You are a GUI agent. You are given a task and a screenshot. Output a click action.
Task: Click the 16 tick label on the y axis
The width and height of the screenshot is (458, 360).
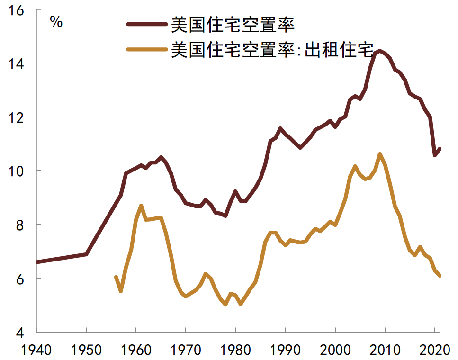click(x=17, y=10)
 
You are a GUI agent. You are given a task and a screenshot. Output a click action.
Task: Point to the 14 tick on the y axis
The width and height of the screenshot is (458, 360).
click(x=17, y=63)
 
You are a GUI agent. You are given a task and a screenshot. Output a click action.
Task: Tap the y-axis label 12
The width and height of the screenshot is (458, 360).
click(x=17, y=117)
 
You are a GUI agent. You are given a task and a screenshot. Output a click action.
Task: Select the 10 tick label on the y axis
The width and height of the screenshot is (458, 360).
click(x=17, y=171)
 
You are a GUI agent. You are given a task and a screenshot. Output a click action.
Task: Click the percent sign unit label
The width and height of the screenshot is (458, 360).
click(x=56, y=22)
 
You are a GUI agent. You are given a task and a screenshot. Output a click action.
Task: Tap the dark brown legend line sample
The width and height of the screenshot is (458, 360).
click(x=147, y=24)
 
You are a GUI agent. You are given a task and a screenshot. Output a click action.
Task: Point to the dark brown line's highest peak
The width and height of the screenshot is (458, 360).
click(x=379, y=51)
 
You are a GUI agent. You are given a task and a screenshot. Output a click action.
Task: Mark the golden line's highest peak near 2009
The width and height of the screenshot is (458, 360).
click(x=380, y=154)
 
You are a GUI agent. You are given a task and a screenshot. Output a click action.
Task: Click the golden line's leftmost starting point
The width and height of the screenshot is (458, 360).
click(x=116, y=277)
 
